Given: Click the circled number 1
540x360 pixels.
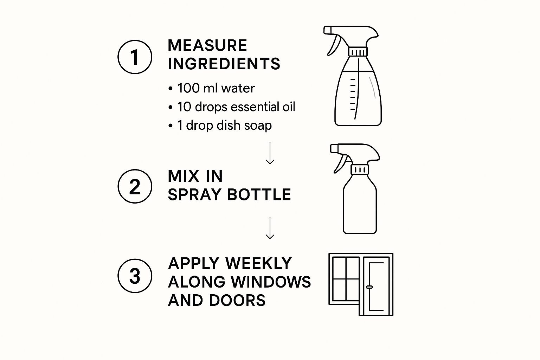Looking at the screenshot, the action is coord(135,57).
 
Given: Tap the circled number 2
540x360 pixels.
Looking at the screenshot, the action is coord(135,186).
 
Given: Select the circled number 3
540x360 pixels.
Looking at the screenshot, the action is coord(135,276).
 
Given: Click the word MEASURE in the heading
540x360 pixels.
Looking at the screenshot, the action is coord(207,45).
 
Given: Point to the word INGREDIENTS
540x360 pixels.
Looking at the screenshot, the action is coord(224,64).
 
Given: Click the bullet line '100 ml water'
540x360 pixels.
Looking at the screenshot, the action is coord(211,88).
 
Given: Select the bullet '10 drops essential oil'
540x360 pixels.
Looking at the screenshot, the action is coord(232,107).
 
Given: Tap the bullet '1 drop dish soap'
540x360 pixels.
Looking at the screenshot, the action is coord(220,125).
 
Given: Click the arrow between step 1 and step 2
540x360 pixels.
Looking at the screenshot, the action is coord(270,153).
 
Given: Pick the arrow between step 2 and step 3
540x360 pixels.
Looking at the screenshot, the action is coord(270,228).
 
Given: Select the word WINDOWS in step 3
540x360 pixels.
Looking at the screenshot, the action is coord(271,282).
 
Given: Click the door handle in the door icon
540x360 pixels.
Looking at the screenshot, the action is coord(369,287).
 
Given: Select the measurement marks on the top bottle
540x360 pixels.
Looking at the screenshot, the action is coord(353,94).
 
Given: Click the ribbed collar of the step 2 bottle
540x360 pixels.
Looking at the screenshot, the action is coord(360,169).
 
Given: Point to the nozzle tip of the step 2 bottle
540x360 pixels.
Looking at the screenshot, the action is coord(334,148).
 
